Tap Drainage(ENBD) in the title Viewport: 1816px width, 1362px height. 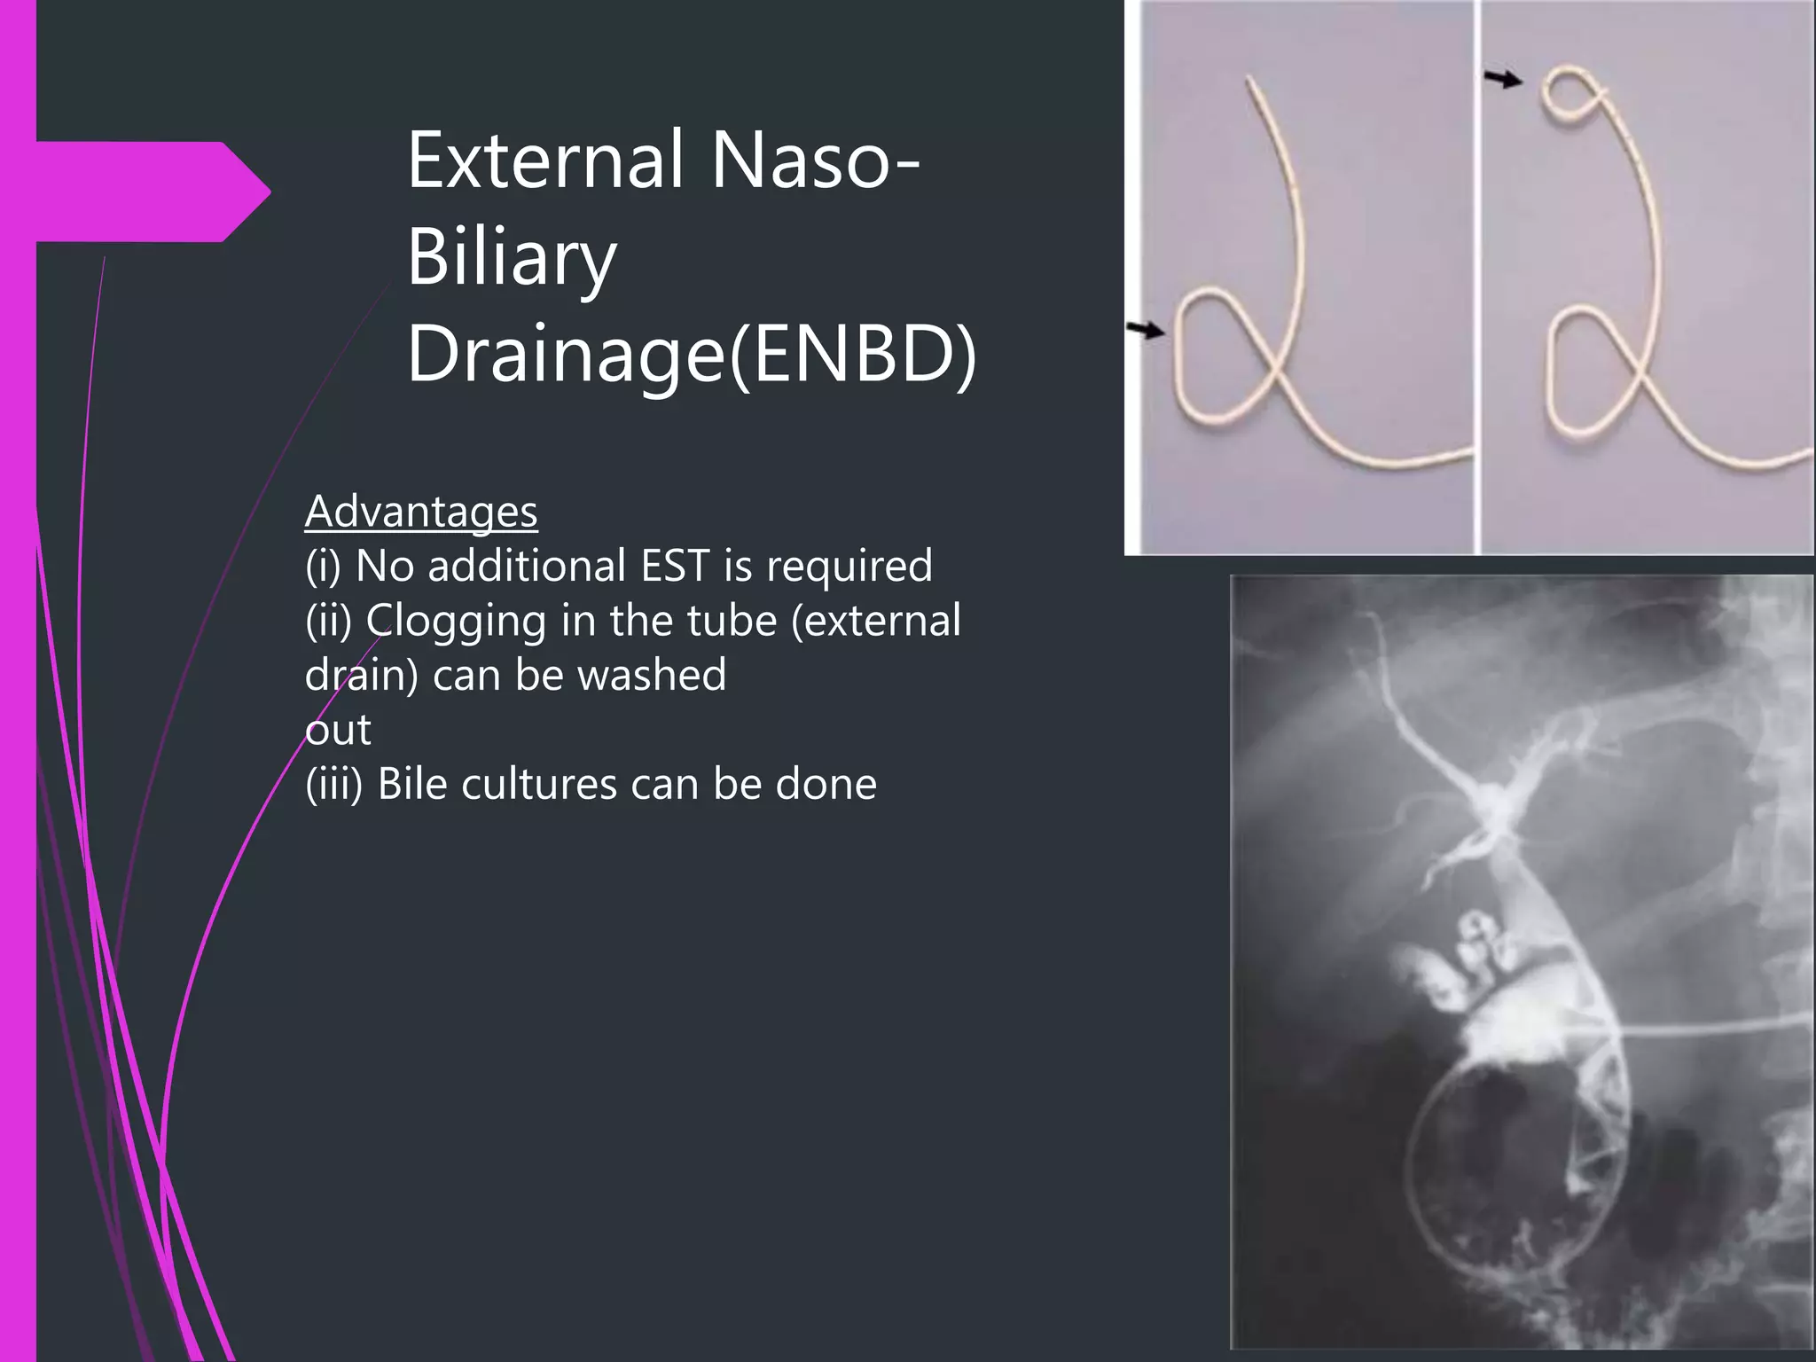point(692,355)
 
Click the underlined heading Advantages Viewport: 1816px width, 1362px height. point(421,512)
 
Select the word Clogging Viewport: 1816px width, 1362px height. point(456,621)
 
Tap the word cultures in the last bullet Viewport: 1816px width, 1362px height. point(539,784)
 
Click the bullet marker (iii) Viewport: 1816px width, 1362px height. point(334,784)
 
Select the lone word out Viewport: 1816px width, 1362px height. point(338,730)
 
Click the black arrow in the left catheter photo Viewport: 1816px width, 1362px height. point(1145,331)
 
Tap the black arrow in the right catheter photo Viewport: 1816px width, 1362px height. point(1503,80)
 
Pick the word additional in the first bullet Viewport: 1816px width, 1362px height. point(527,566)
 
